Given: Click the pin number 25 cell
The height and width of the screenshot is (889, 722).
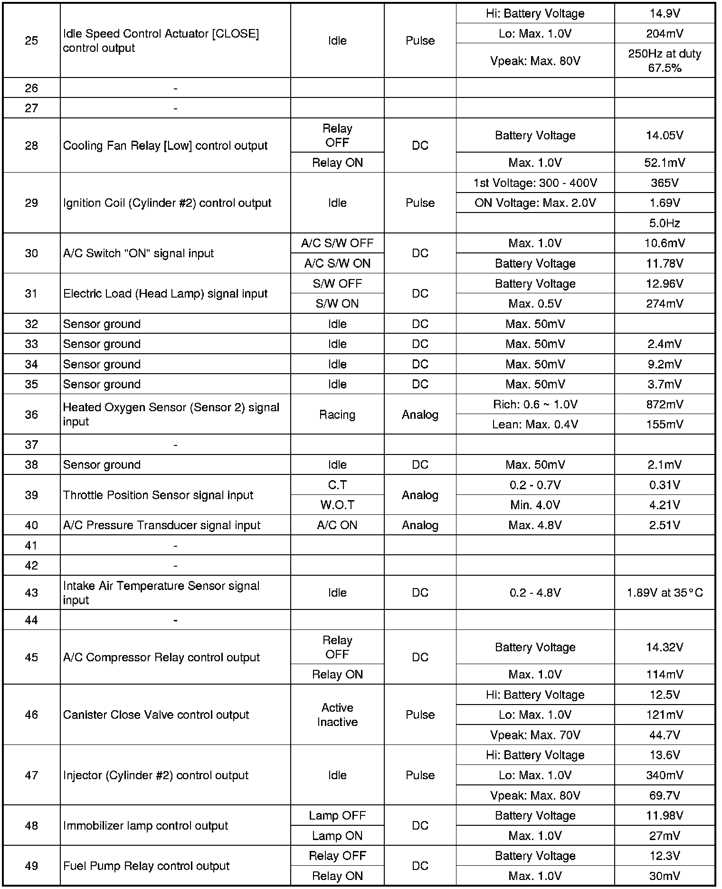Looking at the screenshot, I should [31, 41].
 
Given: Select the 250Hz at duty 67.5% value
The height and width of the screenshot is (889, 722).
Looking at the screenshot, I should [664, 61].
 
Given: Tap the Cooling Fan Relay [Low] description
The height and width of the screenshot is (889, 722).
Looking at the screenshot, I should [165, 145].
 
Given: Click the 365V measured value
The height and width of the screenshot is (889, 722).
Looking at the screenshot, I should [664, 183].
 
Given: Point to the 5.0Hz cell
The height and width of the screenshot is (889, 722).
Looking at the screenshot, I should [664, 223].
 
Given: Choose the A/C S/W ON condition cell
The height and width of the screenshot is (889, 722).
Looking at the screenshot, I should [337, 263].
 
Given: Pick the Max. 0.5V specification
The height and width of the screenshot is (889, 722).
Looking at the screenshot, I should [535, 304].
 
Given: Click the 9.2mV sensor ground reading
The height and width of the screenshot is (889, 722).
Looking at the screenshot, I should [664, 364].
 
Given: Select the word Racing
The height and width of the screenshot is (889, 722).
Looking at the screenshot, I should [337, 415].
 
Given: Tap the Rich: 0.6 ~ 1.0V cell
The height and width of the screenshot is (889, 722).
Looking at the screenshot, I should [535, 405].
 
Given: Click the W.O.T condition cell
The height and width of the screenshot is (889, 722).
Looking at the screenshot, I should [337, 505].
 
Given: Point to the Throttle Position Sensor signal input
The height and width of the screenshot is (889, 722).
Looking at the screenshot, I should [158, 495].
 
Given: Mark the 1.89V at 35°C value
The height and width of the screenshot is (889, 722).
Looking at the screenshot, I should [664, 593].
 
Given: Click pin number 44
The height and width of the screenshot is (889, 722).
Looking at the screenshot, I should [31, 620].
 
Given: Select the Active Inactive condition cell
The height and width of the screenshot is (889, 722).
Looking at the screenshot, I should [337, 715].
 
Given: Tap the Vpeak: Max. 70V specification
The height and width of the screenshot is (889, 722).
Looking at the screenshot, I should [535, 735].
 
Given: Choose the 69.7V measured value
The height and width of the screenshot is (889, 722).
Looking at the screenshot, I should [664, 795].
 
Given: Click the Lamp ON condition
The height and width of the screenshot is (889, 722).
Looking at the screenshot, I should [337, 836].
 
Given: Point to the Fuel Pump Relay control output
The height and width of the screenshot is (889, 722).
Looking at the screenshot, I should [146, 866].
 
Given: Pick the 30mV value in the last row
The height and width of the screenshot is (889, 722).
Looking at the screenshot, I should [664, 876].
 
